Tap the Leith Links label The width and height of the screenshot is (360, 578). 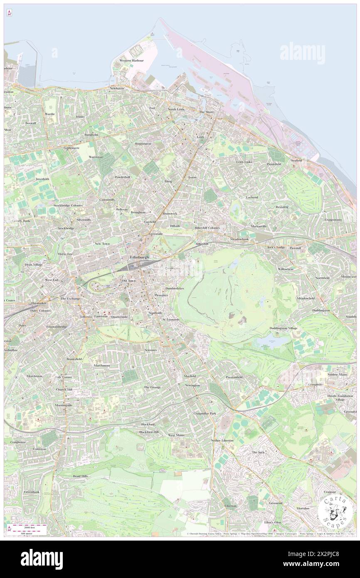click(x=244, y=162)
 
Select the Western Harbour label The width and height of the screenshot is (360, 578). click(x=131, y=60)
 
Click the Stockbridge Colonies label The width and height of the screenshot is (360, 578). click(x=68, y=205)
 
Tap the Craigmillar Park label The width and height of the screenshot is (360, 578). click(x=205, y=413)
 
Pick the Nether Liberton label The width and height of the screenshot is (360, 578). click(x=222, y=440)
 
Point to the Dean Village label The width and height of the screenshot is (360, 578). click(x=34, y=264)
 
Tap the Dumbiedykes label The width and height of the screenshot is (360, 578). click(x=174, y=288)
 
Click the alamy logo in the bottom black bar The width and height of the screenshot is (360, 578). click(x=42, y=559)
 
